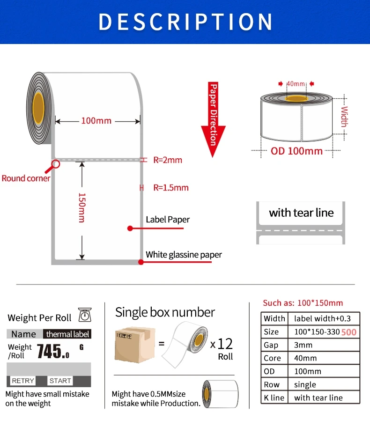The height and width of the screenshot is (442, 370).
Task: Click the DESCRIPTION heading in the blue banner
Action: tap(185, 22)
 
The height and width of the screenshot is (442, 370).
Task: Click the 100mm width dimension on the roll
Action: tap(96, 121)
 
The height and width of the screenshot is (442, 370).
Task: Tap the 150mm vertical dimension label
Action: tap(81, 207)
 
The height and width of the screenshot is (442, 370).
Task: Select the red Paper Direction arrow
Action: tap(214, 120)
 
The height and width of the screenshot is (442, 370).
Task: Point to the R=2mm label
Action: tap(168, 160)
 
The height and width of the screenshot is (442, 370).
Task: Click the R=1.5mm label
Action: tap(171, 188)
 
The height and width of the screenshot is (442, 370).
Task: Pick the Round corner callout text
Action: tap(26, 178)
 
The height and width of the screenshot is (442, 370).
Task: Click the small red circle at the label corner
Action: tap(56, 164)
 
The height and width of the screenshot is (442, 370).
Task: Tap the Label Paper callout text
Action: tap(168, 219)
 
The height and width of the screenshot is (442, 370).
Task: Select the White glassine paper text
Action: tap(184, 255)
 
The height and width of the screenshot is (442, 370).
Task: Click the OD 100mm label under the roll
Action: tap(296, 151)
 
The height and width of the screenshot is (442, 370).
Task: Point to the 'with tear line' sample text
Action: tap(301, 213)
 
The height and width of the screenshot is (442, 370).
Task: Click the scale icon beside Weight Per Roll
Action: tap(85, 315)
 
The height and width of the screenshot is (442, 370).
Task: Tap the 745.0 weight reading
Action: tap(53, 350)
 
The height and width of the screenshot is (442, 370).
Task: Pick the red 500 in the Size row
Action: tap(348, 332)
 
